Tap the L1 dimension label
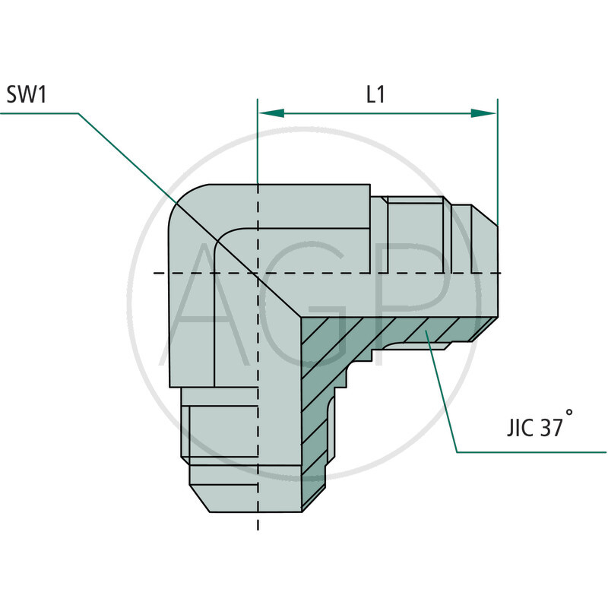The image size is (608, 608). coord(375,95)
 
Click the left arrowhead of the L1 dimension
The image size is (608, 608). coord(271,113)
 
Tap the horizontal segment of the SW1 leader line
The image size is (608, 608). coord(38,113)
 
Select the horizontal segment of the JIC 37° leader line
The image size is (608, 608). coord(532,452)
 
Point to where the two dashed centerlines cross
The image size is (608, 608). coord(258,272)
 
